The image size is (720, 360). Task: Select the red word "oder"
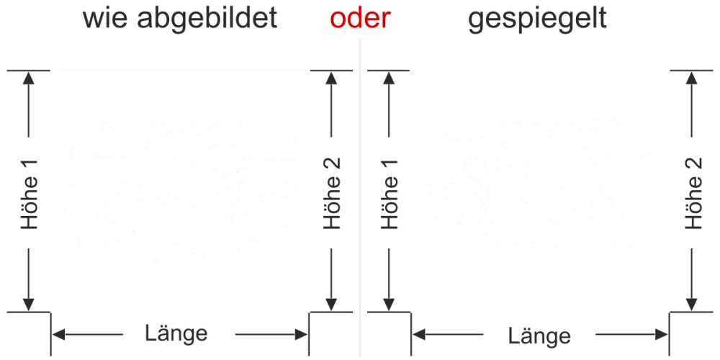coord(360,18)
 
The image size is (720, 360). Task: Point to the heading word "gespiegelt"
coord(537,18)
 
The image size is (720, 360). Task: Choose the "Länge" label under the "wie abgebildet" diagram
coord(176,333)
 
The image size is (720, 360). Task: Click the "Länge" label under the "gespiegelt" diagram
coord(539,336)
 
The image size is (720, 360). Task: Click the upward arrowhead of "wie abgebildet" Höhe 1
coord(30,77)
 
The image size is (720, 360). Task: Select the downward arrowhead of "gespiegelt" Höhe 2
coord(693,304)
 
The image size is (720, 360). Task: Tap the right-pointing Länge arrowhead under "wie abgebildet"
coord(302,333)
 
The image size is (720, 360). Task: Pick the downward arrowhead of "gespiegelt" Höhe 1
coord(390,304)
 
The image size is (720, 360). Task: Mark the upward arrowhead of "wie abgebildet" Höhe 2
coord(332,77)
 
